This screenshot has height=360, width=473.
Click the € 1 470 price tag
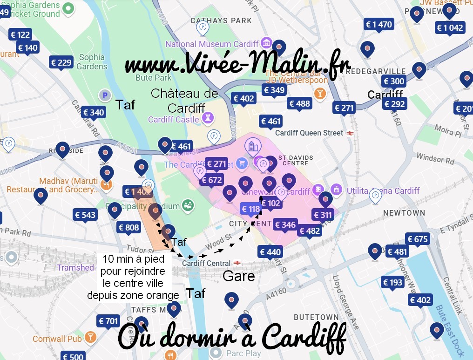tap(379, 25)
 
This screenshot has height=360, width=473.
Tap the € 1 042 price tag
tap(450, 28)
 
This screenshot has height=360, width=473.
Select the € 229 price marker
tap(61, 63)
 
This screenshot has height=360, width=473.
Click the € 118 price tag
tap(250, 209)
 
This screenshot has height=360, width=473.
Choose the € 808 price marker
tap(128, 227)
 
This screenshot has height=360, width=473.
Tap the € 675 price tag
tap(418, 239)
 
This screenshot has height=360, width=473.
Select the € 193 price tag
tap(392, 282)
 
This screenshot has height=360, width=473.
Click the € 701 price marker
tap(108, 321)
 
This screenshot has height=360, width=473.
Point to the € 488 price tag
tap(299, 103)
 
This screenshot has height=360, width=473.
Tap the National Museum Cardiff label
tap(212, 44)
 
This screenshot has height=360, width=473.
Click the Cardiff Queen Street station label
tap(309, 133)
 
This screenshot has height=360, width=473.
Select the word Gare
tap(239, 276)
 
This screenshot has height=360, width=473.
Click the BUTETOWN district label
tap(316, 317)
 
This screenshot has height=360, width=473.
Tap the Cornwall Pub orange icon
tap(90, 337)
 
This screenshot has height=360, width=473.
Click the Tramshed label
tap(75, 267)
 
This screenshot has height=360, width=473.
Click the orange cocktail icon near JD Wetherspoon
tap(320, 93)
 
